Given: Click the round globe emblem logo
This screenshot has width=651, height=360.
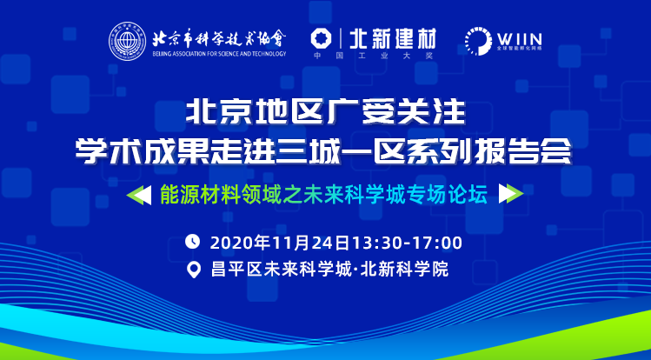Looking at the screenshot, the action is [x=128, y=41].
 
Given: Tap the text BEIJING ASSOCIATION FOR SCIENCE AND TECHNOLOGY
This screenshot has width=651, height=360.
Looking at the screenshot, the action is [x=219, y=54].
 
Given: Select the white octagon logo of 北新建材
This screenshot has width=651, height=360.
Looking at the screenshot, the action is [x=322, y=38].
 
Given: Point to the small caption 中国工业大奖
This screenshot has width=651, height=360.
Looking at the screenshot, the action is [x=373, y=56].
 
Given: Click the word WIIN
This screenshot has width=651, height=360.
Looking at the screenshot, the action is [x=519, y=39].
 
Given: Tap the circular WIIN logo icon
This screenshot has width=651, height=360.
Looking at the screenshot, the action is [x=478, y=41].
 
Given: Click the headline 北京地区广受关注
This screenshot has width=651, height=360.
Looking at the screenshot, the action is [x=325, y=112].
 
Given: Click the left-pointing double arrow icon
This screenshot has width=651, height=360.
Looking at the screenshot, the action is [x=139, y=194].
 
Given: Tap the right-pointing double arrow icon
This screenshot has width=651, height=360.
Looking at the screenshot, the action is [x=511, y=194].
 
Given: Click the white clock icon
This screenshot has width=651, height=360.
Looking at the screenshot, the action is [x=193, y=241].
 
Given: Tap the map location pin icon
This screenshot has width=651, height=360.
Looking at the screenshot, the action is [x=193, y=270].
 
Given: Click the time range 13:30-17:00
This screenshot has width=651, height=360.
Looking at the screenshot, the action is [x=407, y=243].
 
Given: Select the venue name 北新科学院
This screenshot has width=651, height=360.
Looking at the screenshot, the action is [x=405, y=270].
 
